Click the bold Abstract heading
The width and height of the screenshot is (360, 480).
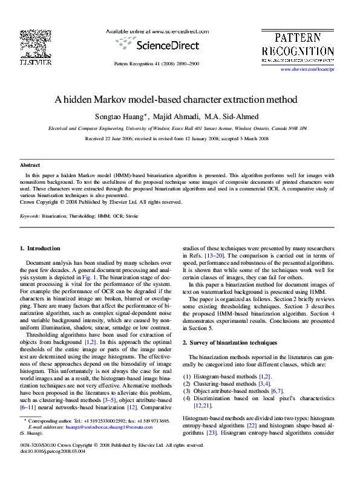click(30, 164)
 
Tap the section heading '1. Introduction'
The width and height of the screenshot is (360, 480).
click(40, 248)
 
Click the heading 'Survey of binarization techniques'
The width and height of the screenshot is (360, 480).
click(234, 342)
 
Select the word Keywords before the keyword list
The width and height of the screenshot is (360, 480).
click(30, 215)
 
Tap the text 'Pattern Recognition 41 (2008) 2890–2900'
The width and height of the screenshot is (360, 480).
click(157, 63)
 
